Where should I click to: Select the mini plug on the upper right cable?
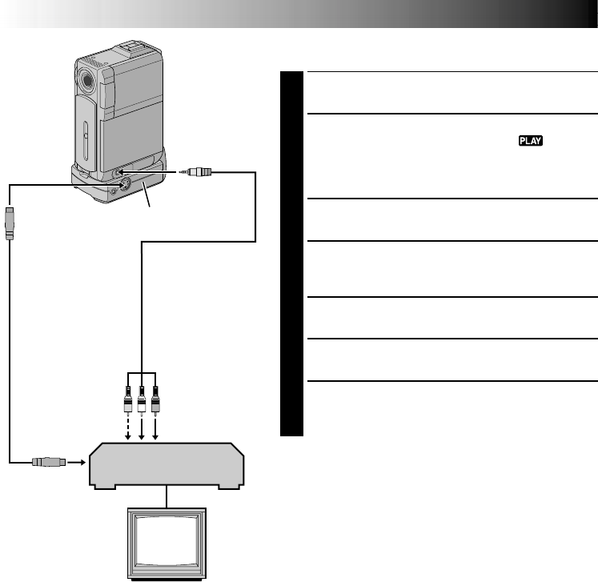196,171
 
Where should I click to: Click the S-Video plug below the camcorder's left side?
10,222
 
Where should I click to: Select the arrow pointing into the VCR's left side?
75,461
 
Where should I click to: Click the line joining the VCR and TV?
167,496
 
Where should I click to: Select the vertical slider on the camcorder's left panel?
86,137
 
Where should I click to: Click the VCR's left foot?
101,484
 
